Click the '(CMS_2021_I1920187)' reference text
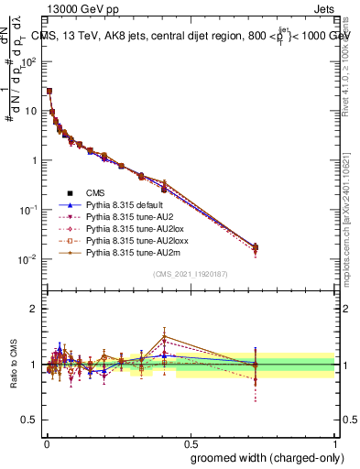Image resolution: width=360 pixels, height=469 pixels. (190, 274)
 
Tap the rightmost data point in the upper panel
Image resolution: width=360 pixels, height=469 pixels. (256, 247)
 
